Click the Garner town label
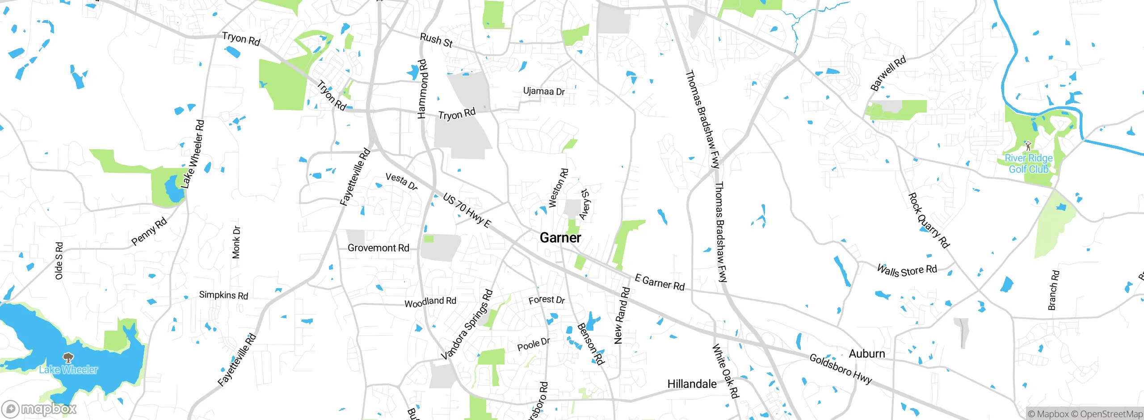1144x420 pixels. point(560,238)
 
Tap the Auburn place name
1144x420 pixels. point(866,353)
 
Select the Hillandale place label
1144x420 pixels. point(691,384)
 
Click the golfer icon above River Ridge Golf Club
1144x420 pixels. point(1028,146)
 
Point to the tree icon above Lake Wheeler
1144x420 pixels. point(68,357)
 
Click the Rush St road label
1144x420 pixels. point(436,40)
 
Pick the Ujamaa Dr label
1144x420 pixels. point(544,91)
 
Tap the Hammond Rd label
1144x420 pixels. point(422,89)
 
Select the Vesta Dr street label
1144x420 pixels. point(401,181)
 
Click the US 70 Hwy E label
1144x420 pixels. point(467,210)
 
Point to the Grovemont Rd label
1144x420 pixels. point(378,248)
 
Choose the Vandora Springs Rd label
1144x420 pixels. point(467,324)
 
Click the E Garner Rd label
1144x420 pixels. point(660,283)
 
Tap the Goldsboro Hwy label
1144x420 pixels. point(840,369)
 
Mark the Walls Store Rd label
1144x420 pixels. point(907,270)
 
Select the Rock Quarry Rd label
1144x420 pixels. point(929,220)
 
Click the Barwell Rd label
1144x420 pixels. point(888,73)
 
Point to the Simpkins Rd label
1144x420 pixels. point(223,295)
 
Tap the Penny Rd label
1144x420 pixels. point(149,231)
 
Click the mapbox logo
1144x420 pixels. point(39,409)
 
